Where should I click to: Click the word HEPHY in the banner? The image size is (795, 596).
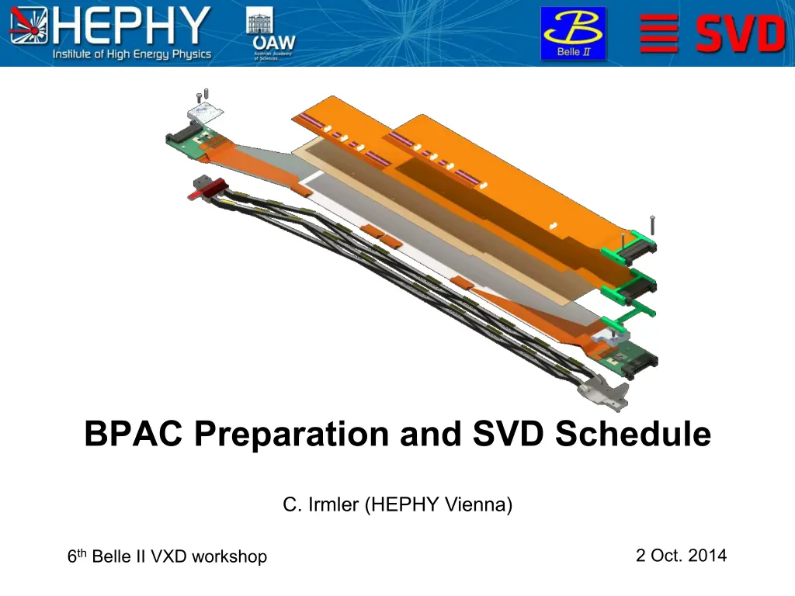pos(131,26)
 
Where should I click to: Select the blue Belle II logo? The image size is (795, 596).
pos(573,33)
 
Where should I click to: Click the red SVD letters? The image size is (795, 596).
pos(741,33)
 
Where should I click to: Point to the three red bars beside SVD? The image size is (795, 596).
pos(659,33)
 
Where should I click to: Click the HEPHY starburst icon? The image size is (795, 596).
pos(29,26)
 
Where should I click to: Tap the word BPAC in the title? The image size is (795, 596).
pos(134,434)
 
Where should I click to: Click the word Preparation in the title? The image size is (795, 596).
pos(292,435)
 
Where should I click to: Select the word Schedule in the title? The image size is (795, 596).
pos(633,434)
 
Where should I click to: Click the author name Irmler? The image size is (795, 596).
pos(333,504)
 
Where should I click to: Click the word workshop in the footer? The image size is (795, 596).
pos(230,557)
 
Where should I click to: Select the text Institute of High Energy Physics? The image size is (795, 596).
pos(132,54)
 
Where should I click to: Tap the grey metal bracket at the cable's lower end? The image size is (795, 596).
pos(604,391)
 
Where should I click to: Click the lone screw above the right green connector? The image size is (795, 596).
pos(652,225)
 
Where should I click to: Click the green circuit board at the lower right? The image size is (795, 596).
pos(627,359)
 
